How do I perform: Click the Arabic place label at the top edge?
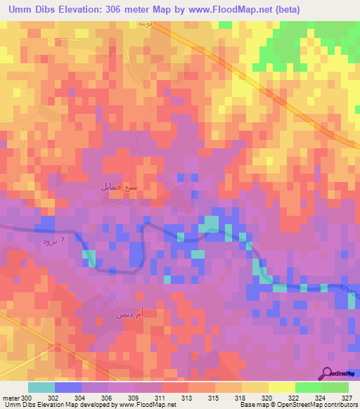[x=143, y=24]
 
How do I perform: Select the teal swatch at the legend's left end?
[x=41, y=387]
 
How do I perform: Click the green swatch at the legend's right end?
[x=335, y=387]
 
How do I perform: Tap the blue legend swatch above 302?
[x=68, y=387]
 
